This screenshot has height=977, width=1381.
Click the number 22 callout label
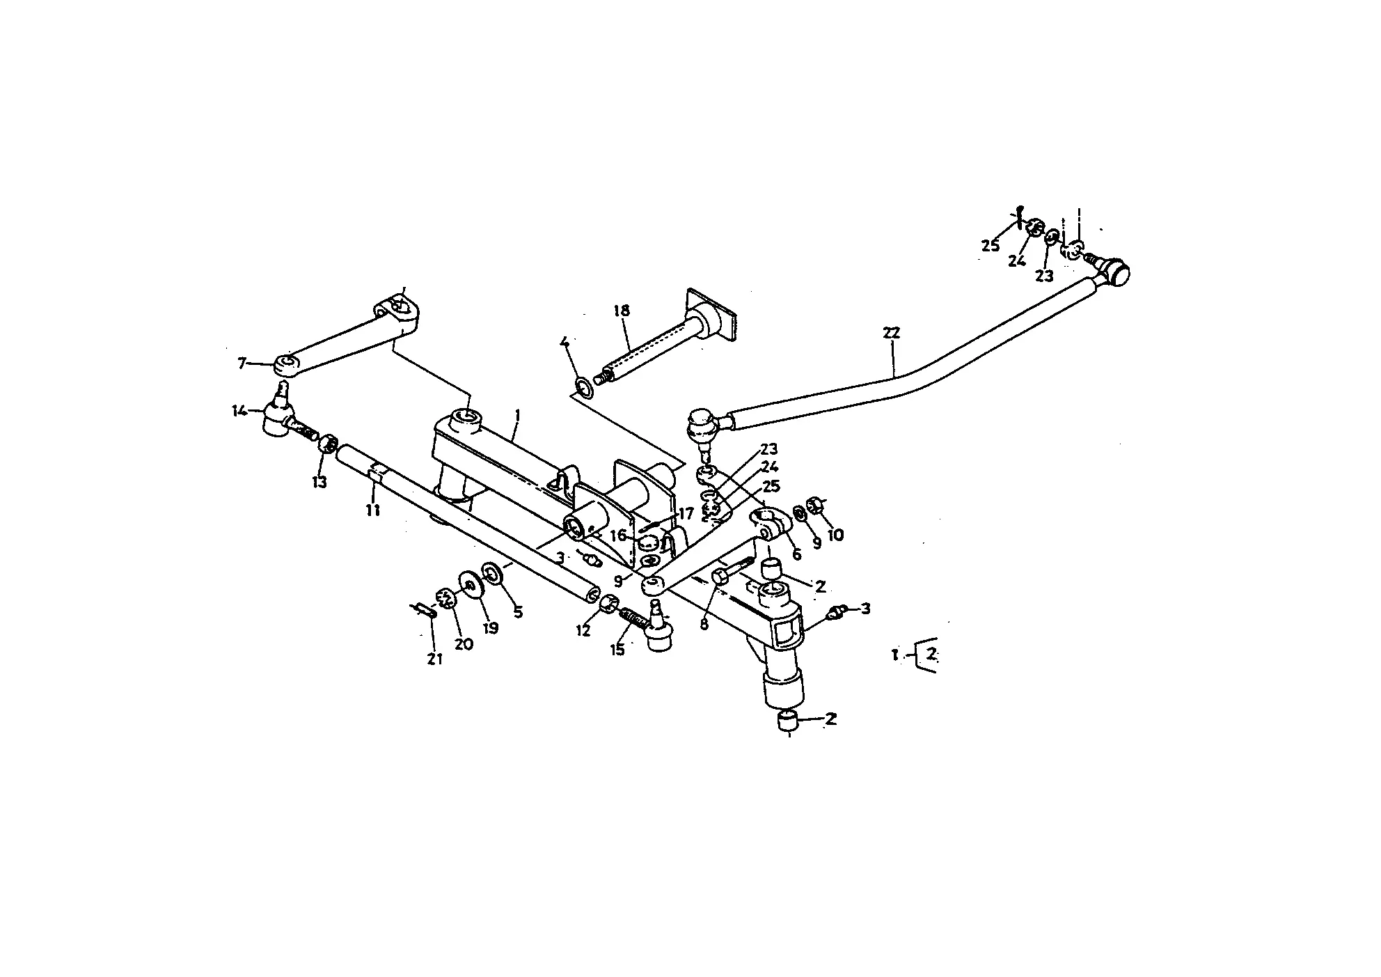point(891,333)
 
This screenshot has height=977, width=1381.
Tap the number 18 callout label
point(622,310)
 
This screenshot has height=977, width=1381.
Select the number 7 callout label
point(242,363)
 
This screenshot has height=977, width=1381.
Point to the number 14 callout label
point(239,410)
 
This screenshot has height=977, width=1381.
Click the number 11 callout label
point(373,510)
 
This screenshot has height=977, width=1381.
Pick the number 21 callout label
point(435,658)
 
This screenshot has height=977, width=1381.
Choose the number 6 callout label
point(797,554)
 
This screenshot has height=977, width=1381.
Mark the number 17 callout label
point(686,514)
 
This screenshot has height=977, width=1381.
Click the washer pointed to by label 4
point(585,387)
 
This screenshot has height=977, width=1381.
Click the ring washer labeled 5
point(494,574)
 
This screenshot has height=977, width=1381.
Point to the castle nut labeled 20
point(445,597)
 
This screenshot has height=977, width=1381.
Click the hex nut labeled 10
point(814,504)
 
